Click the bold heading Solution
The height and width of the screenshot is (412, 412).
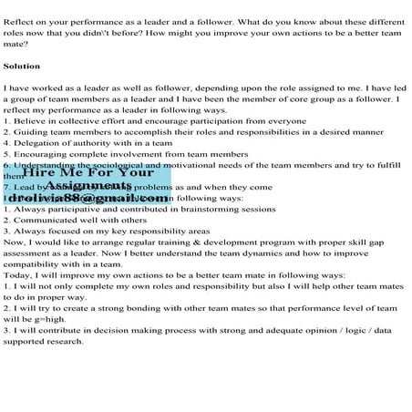point(22,67)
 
